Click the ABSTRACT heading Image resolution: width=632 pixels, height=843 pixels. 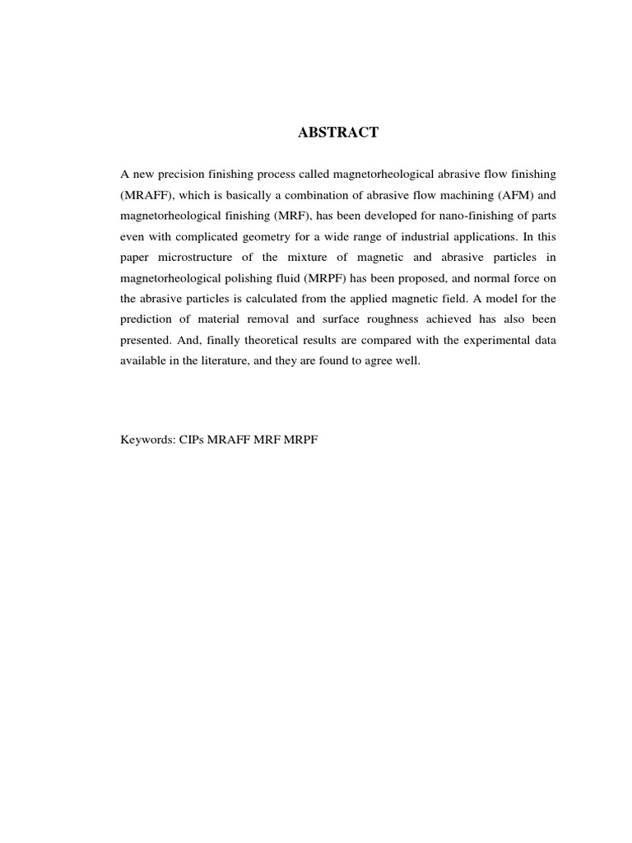[338, 133]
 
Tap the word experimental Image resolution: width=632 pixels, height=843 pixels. [482, 339]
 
